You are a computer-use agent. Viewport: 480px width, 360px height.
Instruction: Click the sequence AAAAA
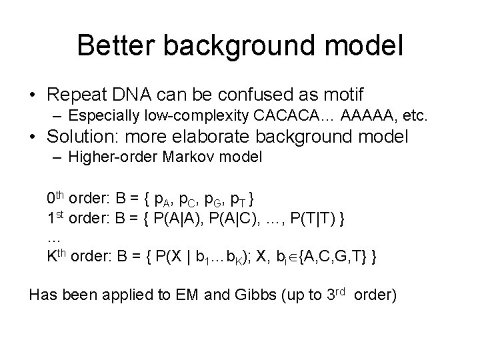tap(366, 118)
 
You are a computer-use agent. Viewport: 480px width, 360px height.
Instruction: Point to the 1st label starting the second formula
tap(58, 219)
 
